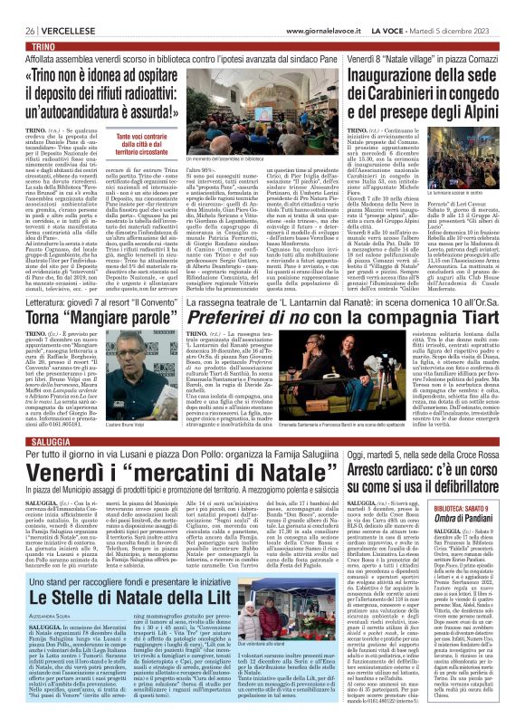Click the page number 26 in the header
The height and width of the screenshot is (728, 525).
[17, 6]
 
